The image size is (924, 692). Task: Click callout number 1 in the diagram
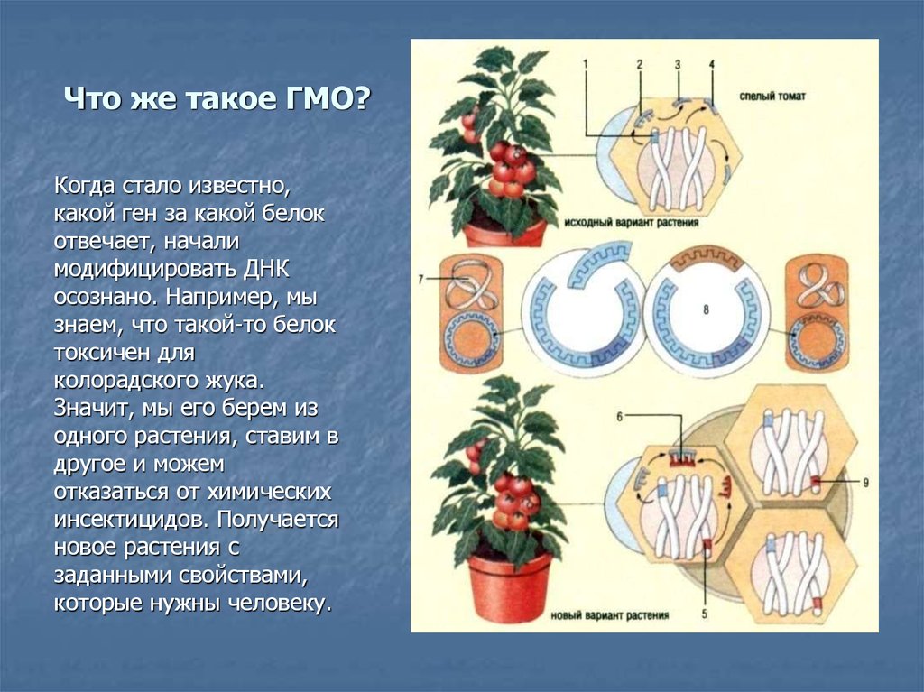click(585, 64)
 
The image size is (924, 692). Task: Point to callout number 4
click(711, 64)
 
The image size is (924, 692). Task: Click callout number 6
click(619, 417)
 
